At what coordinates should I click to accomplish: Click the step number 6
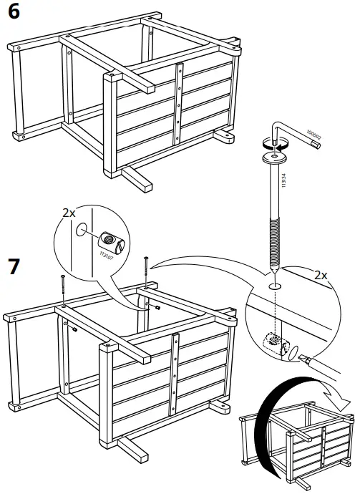pyautogui.click(x=12, y=12)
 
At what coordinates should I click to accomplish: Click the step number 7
pyautogui.click(x=13, y=266)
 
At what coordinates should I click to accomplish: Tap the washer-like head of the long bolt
pyautogui.click(x=273, y=158)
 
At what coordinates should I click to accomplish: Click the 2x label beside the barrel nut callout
pyautogui.click(x=69, y=213)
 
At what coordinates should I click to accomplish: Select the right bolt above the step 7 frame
pyautogui.click(x=145, y=270)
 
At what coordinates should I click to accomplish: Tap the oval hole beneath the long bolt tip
pyautogui.click(x=275, y=285)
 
